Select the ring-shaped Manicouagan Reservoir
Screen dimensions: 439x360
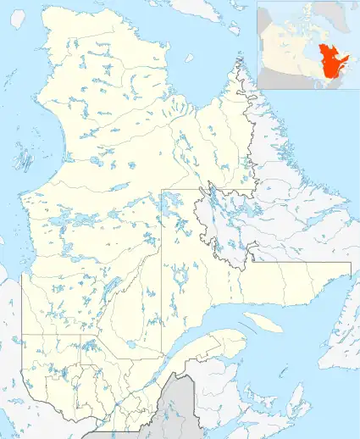click(180, 276)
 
